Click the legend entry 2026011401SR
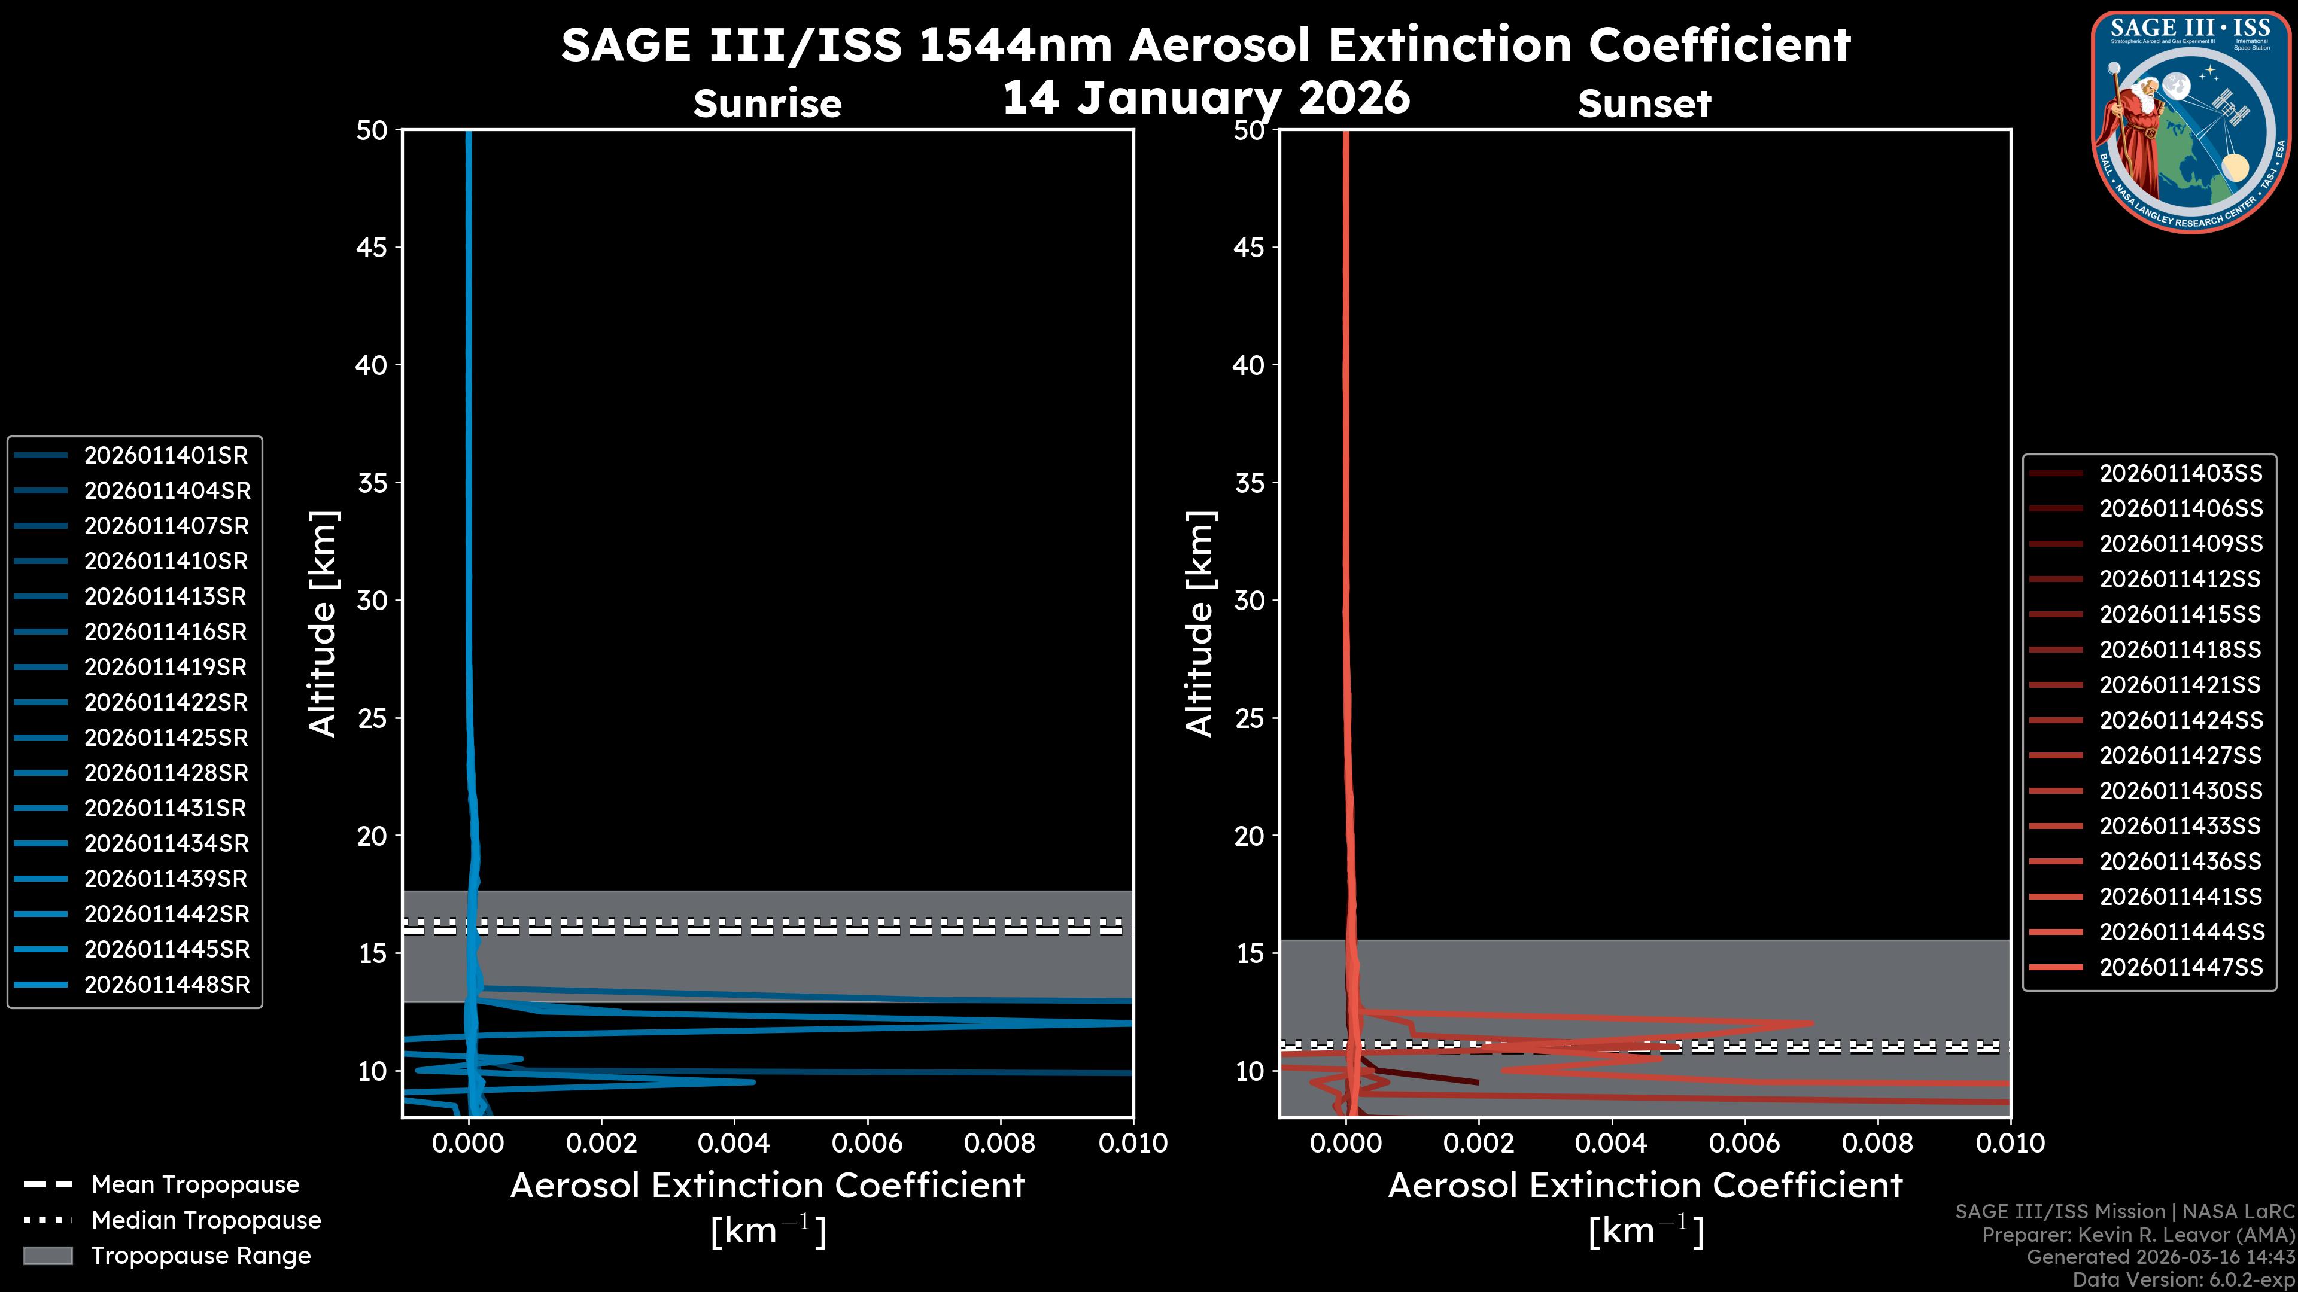[x=166, y=456]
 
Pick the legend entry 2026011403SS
[x=2180, y=474]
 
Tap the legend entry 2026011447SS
[x=2180, y=967]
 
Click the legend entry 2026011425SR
[x=166, y=738]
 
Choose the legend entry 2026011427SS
[x=2180, y=756]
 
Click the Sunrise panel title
[x=767, y=104]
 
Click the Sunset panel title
[x=1644, y=104]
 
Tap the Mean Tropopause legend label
[x=195, y=1185]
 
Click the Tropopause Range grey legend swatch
[x=48, y=1256]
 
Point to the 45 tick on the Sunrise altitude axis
[x=372, y=248]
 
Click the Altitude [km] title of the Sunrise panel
[x=322, y=623]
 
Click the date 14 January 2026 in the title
[x=1206, y=98]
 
